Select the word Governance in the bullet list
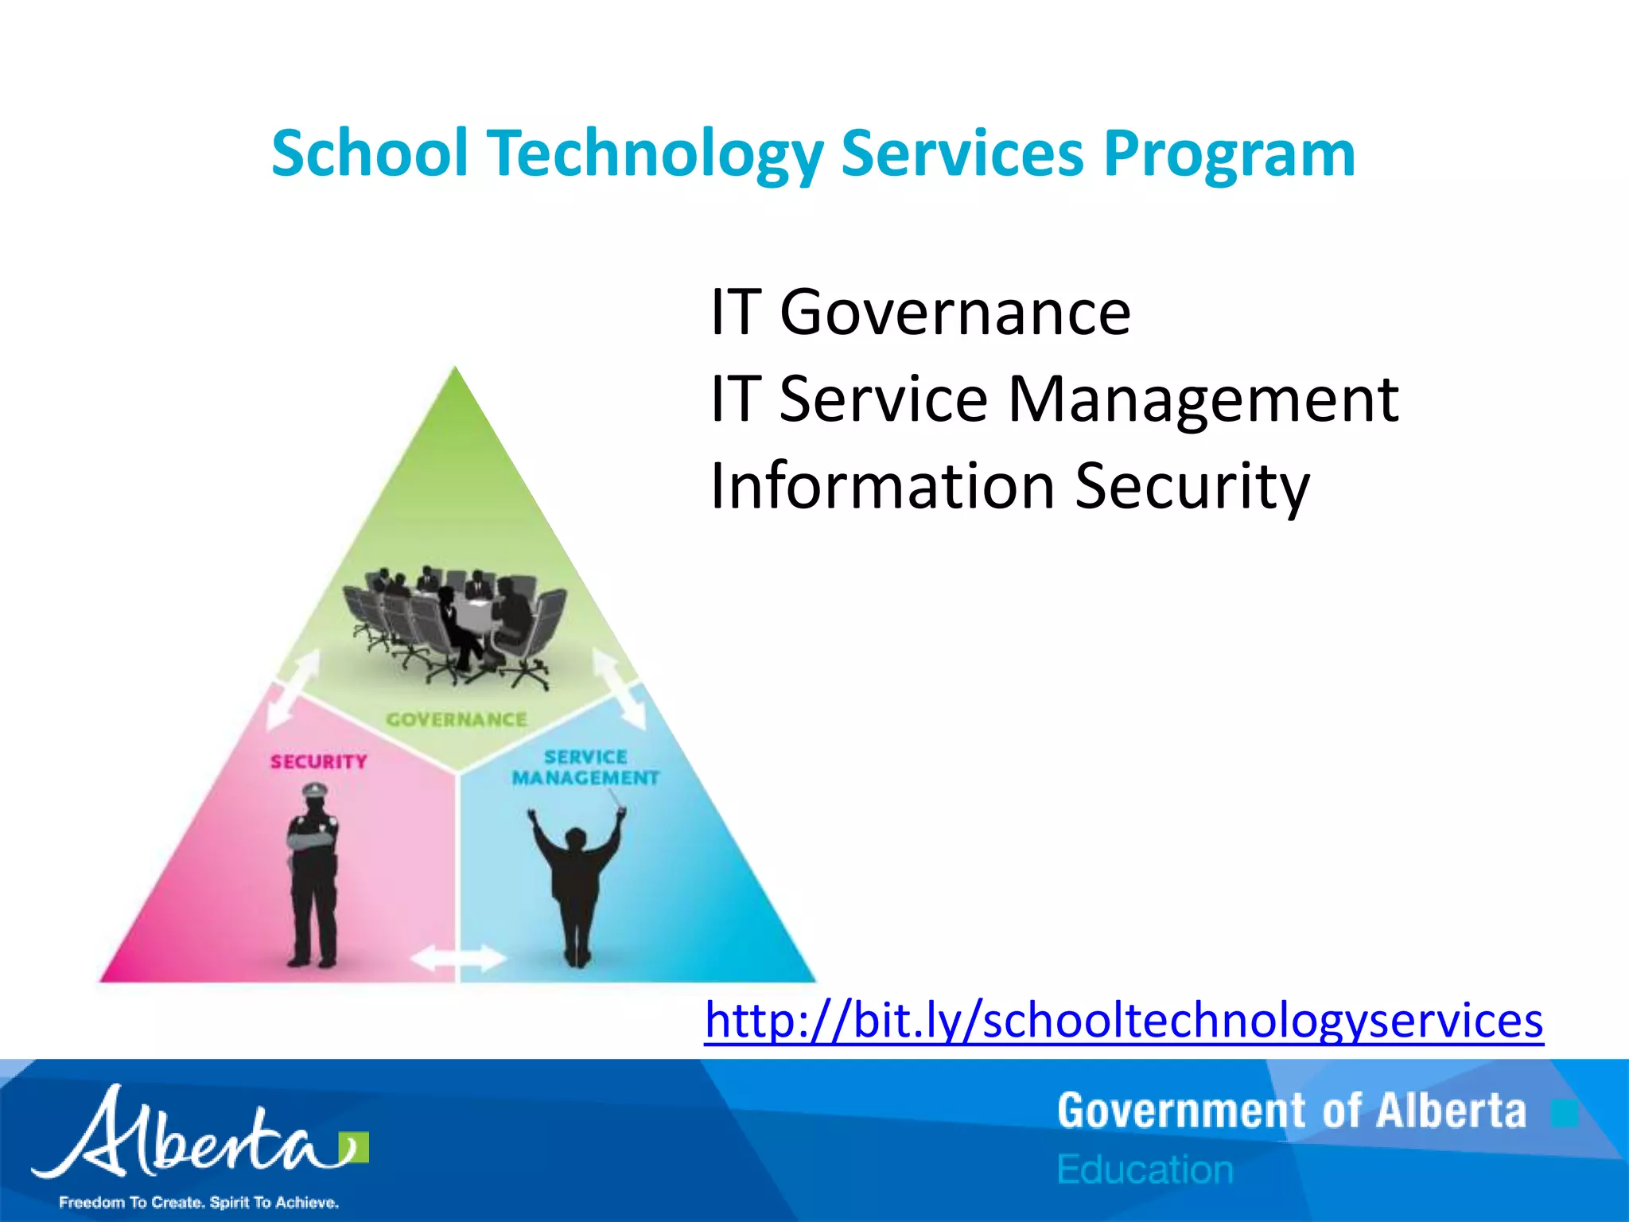[x=954, y=312]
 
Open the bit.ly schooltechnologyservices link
[x=1123, y=1020]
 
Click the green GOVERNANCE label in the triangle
[x=457, y=719]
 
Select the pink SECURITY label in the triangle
[x=319, y=761]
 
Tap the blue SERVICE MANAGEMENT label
[x=585, y=767]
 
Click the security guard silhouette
[x=313, y=875]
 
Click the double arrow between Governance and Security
[x=293, y=688]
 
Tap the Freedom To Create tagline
[x=199, y=1202]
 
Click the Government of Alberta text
[x=1292, y=1111]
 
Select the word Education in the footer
[x=1145, y=1169]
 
